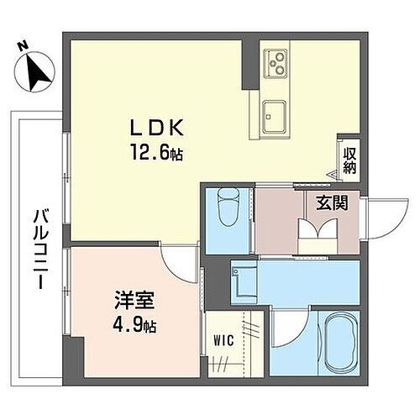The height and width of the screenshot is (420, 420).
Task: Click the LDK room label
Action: [x=155, y=129]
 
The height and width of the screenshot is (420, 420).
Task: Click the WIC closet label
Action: [x=221, y=341]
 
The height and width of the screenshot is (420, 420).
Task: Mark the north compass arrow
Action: [x=36, y=72]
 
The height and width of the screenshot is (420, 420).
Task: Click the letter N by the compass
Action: [x=23, y=44]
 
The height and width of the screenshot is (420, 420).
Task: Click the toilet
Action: [x=227, y=207]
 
